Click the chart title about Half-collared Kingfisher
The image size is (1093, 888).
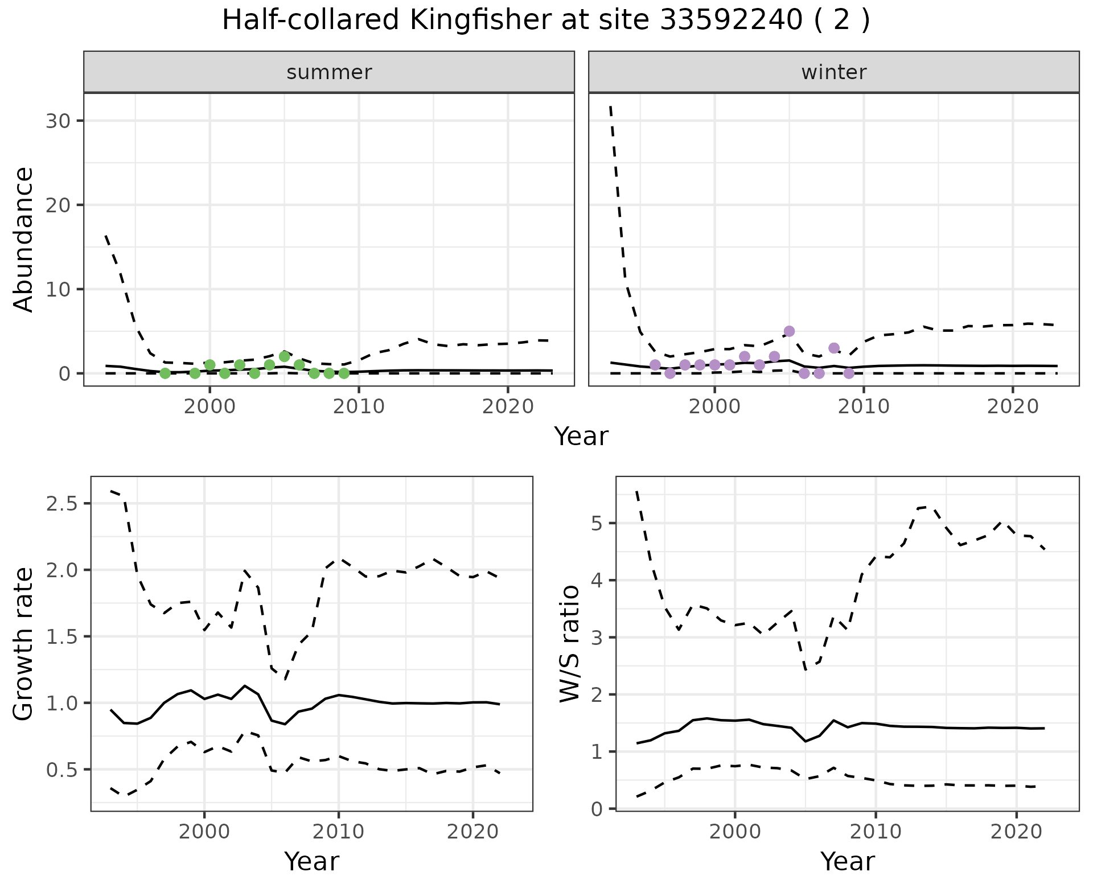[545, 20]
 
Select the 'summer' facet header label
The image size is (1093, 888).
[329, 72]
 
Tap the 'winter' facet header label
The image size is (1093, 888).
[833, 72]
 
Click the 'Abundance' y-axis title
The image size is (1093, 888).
[24, 239]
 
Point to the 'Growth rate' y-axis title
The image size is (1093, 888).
[24, 643]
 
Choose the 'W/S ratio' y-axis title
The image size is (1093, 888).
[569, 643]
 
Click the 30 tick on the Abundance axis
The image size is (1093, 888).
[61, 121]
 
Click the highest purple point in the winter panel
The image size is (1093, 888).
[789, 331]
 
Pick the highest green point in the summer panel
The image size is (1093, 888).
[285, 356]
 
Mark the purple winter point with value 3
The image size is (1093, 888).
[834, 348]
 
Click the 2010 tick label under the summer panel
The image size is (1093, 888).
[359, 407]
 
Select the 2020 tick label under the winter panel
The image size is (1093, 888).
[1013, 407]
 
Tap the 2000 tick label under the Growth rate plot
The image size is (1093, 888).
[204, 832]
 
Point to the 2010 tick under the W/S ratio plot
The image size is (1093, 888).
[876, 832]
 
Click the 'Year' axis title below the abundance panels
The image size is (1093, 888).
[581, 437]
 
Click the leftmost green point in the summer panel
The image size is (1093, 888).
[165, 373]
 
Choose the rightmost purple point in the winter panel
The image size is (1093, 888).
[849, 373]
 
